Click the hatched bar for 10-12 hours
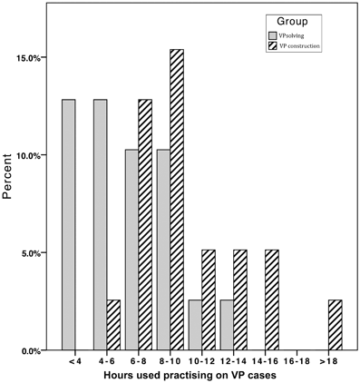coord(208,300)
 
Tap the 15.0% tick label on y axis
coord(30,58)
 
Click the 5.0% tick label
coord(33,253)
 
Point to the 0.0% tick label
coord(33,351)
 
